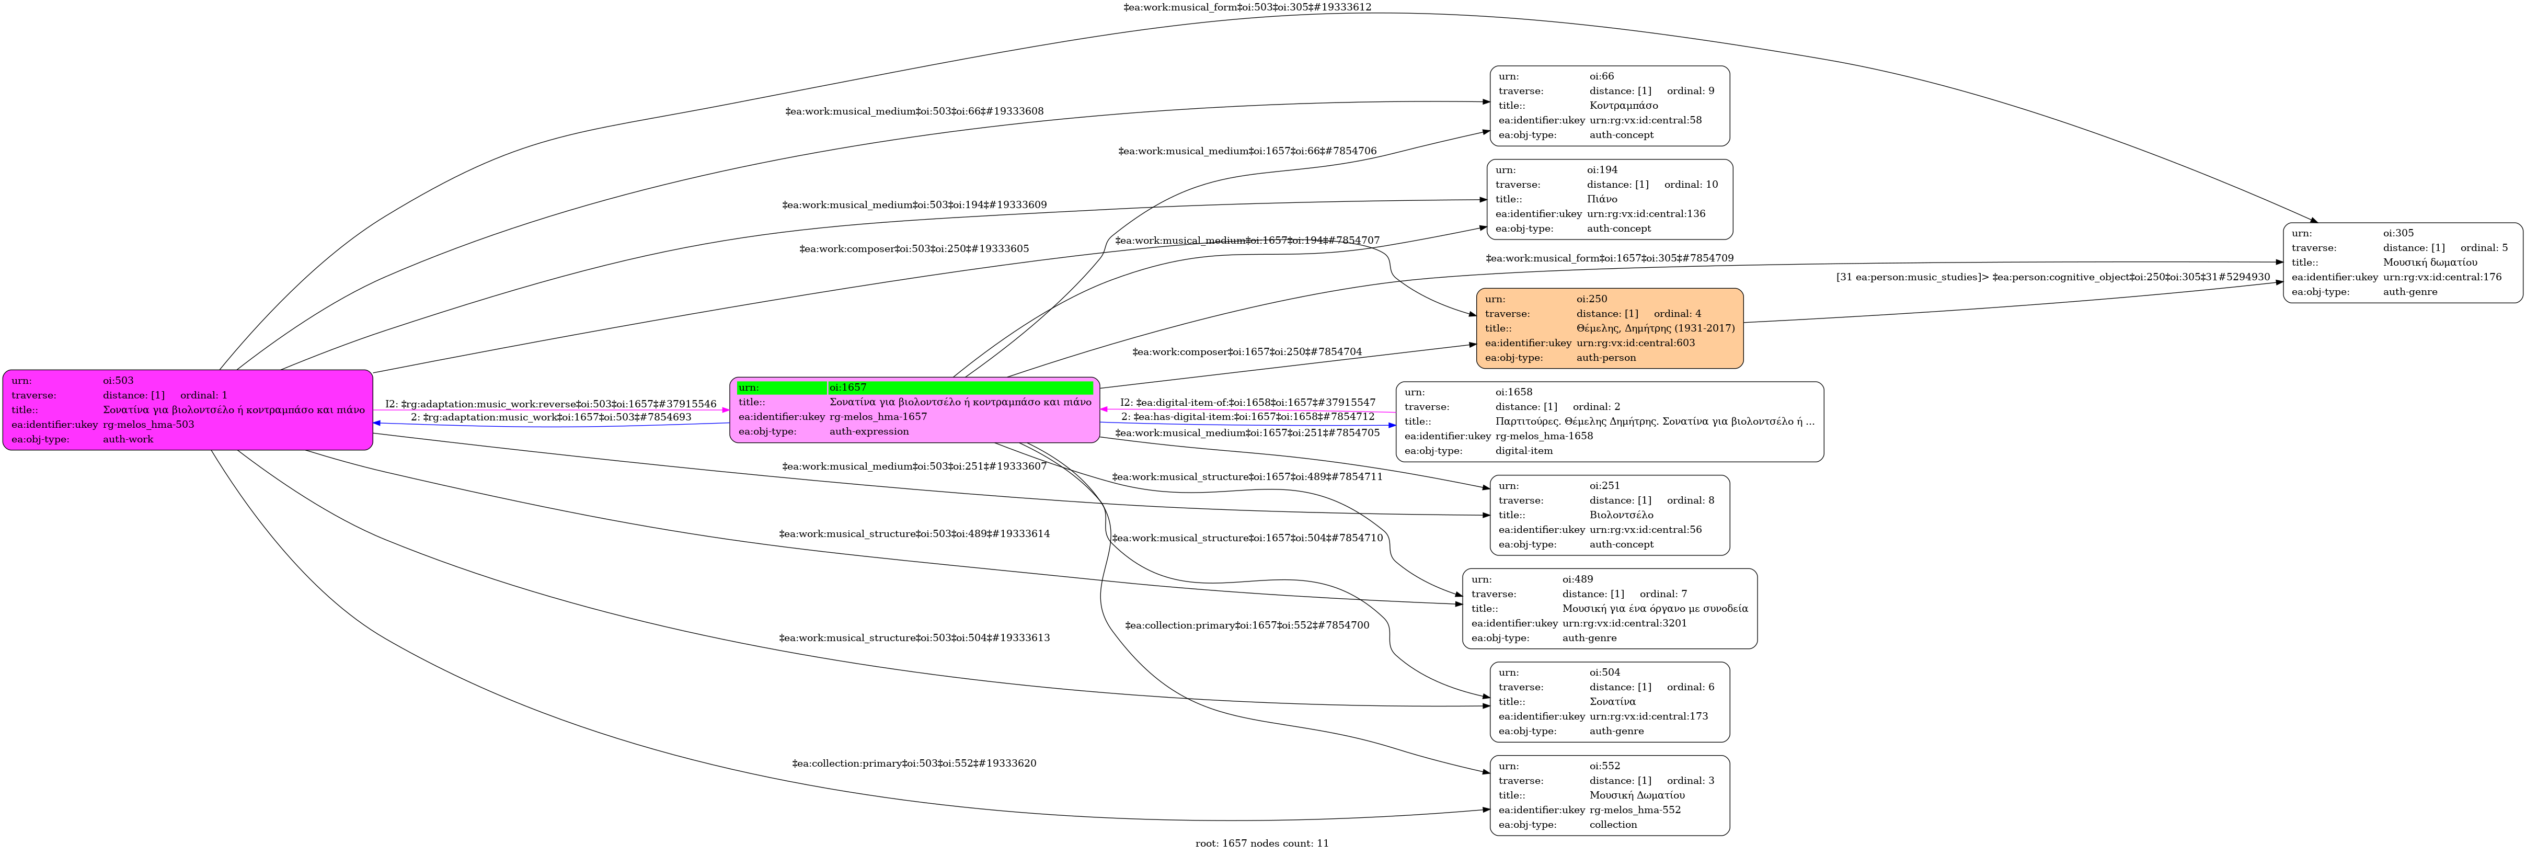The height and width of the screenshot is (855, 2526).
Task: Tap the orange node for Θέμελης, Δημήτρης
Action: (1609, 328)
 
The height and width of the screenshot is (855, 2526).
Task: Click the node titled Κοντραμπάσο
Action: (1609, 106)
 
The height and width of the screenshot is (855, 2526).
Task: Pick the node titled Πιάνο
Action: (1609, 199)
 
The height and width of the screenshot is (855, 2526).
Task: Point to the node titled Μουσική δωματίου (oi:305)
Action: (2403, 263)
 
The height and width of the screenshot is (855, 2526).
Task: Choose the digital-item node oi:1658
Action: (1609, 421)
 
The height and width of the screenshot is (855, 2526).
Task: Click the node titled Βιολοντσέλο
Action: (1609, 515)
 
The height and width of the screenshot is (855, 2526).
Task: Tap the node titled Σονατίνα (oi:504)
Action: (1609, 702)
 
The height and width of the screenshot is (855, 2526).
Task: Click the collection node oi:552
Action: (1609, 795)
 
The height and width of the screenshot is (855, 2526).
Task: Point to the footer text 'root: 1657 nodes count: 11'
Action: (1262, 843)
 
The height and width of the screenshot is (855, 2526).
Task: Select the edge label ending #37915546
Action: (551, 404)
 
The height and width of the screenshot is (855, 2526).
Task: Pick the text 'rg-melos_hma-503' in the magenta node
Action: (148, 425)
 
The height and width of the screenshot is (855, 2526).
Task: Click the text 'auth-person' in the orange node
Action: (1606, 358)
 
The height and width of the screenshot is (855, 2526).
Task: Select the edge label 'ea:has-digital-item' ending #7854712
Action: (1247, 417)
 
